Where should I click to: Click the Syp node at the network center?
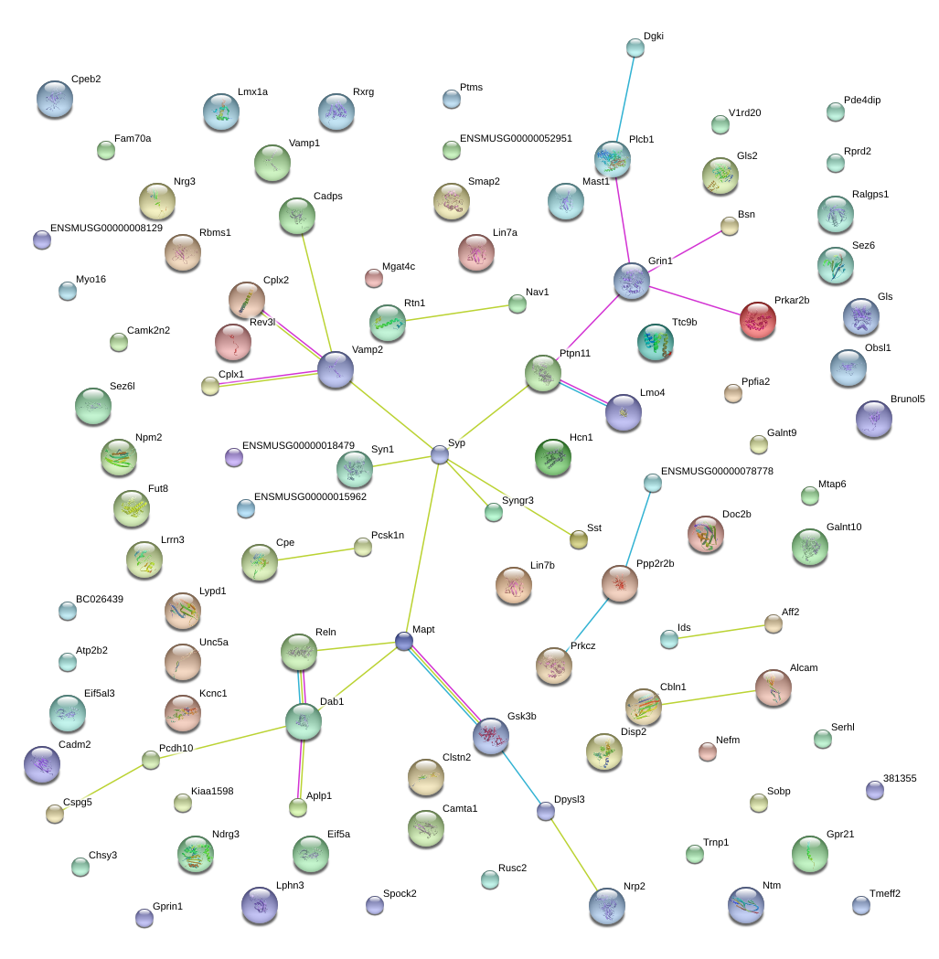(x=440, y=454)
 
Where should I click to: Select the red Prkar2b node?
(x=757, y=320)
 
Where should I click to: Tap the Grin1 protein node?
(x=631, y=282)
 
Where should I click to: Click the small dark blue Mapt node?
(x=404, y=641)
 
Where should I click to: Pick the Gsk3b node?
(x=491, y=736)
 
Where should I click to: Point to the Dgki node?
(x=635, y=48)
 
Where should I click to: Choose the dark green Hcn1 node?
(x=553, y=457)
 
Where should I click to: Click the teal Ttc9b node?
(x=656, y=343)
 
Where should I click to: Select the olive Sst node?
(x=579, y=539)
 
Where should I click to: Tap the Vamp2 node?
(x=336, y=369)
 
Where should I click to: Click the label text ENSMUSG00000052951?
(x=516, y=138)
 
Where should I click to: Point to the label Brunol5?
(x=908, y=399)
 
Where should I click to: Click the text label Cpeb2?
(x=86, y=79)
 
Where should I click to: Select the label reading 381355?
(x=900, y=778)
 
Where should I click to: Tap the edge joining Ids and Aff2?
(x=721, y=632)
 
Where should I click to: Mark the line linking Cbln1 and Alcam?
(x=709, y=698)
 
